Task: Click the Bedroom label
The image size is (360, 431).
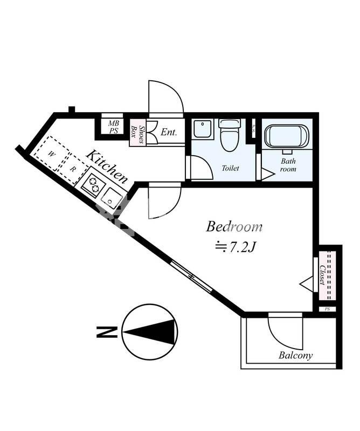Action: coord(234,227)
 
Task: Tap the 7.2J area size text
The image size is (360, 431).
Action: coord(236,247)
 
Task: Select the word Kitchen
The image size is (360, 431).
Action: coord(107,166)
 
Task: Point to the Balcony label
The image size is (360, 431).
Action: coord(295,355)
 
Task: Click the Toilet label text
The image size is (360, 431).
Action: coord(230,168)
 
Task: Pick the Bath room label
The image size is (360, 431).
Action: coord(288,165)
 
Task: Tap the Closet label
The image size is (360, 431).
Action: coord(323,275)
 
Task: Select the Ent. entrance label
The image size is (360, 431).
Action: coord(169,132)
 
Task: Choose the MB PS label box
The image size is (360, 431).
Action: coord(113,127)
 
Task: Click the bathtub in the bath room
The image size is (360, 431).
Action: coord(287,137)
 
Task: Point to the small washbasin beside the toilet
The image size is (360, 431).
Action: coord(203,128)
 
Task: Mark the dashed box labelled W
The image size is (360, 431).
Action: coord(51,154)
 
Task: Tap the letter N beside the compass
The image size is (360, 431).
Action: coord(107,332)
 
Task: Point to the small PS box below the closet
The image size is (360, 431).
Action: coord(327,309)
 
